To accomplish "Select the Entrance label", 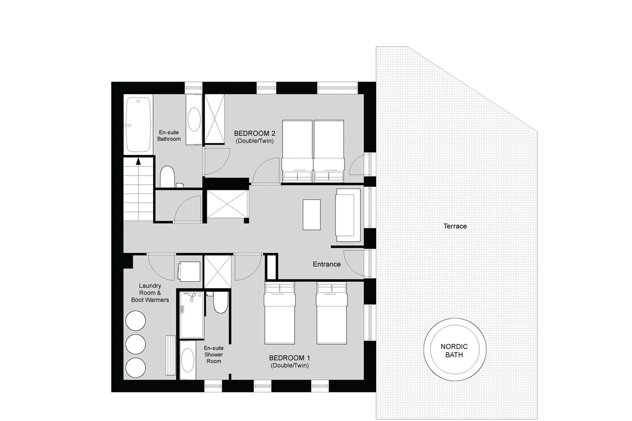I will click(326, 264).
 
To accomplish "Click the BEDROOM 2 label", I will click(254, 133).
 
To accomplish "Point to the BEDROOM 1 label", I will click(289, 358).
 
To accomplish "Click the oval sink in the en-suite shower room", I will click(187, 360).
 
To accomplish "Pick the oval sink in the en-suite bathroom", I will click(194, 119).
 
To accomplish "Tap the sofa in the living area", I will click(348, 215).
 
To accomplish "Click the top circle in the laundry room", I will click(136, 321).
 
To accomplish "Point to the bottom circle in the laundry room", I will click(136, 368).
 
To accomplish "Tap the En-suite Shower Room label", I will click(213, 354).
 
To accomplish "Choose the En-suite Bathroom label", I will click(169, 136).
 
